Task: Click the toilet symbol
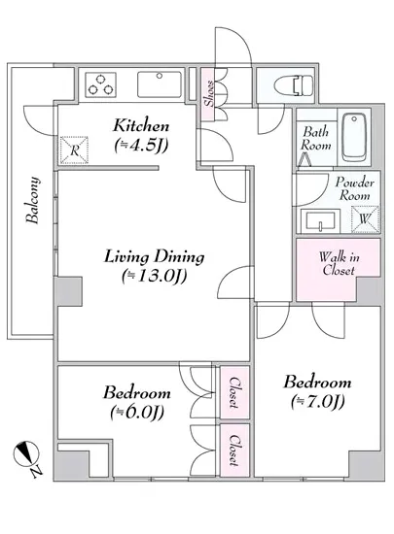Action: coord(295,84)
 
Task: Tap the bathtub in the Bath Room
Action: coord(354,138)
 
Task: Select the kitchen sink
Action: coord(160,84)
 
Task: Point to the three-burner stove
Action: coord(100,84)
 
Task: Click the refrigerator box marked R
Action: coord(74,150)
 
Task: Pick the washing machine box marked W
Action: coord(366,219)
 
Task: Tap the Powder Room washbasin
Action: coord(320,221)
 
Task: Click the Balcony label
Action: coord(33,200)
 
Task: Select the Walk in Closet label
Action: coord(339,263)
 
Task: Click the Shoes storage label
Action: coord(209,93)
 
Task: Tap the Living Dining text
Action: coord(154,256)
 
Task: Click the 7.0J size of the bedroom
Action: coord(318,402)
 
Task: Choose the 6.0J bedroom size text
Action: coord(137,413)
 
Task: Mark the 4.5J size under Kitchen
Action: coord(141,146)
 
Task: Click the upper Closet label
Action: coord(234,392)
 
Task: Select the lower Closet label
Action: coord(234,450)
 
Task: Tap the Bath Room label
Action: coord(315,139)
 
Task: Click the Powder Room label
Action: coord(355,188)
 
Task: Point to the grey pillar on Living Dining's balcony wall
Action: coord(69,291)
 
